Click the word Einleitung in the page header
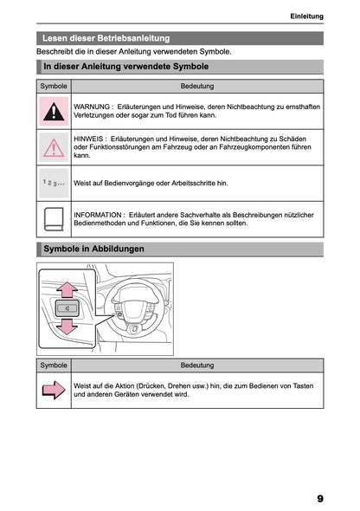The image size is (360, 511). tap(306, 16)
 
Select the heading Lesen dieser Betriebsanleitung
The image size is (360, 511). tap(106, 38)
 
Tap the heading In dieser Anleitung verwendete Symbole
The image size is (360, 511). tap(125, 66)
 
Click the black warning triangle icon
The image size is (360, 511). tap(54, 111)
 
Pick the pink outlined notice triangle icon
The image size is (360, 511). tap(54, 147)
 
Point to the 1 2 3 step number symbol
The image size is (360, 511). tap(54, 184)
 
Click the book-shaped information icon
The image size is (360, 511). tap(54, 218)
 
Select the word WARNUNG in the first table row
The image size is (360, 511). tap(93, 106)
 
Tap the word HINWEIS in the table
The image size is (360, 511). tap(90, 138)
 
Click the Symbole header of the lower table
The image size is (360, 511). tap(54, 365)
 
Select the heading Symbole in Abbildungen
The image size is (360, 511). tap(93, 249)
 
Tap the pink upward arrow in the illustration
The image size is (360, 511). tap(66, 288)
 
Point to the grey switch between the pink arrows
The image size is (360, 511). tap(66, 307)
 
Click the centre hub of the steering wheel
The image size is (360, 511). tap(133, 311)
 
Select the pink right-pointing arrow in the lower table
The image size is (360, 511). tap(54, 391)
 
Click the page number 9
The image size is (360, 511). tap(319, 498)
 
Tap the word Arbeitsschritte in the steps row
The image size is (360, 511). tap(183, 184)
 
